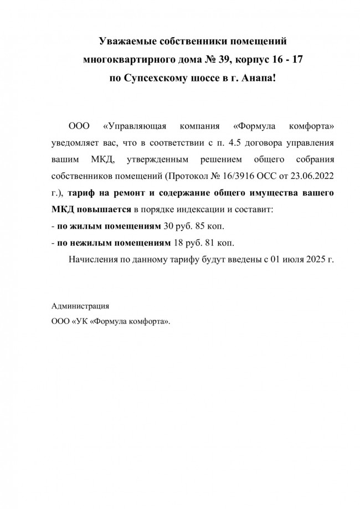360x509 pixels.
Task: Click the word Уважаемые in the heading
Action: coord(126,42)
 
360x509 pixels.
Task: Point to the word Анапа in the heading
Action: coord(258,76)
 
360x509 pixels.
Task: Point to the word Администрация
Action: coord(80,306)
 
